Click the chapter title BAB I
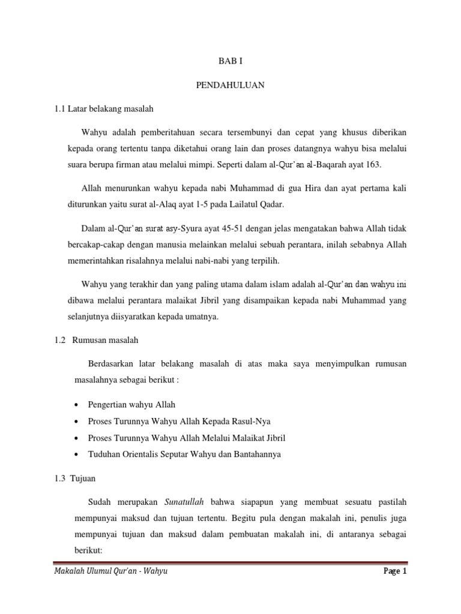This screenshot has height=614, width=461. (230, 61)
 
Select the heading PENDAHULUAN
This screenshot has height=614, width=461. (230, 85)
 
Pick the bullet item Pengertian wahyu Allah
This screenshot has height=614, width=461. (131, 405)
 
